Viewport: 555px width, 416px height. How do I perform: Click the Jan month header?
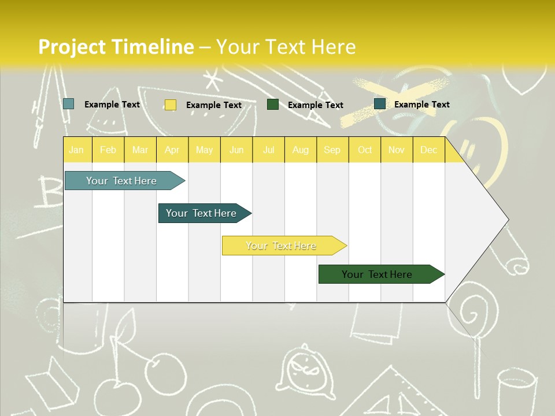point(76,150)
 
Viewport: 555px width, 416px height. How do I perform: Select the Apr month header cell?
point(172,150)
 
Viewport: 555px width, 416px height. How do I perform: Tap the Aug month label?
point(300,150)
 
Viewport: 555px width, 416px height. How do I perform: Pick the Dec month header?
point(428,150)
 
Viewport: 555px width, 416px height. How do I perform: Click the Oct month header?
point(365,150)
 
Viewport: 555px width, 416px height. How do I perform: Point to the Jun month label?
point(236,150)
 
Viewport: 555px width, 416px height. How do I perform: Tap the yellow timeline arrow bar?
point(282,246)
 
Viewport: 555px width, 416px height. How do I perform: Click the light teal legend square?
point(68,104)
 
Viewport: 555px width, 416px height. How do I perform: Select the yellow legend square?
point(170,105)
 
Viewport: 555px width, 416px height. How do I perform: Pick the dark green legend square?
point(272,105)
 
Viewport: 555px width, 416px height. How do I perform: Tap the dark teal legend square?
point(379,104)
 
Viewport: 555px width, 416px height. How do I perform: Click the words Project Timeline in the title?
point(116,46)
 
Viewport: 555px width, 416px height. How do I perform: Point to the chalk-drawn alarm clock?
point(304,370)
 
